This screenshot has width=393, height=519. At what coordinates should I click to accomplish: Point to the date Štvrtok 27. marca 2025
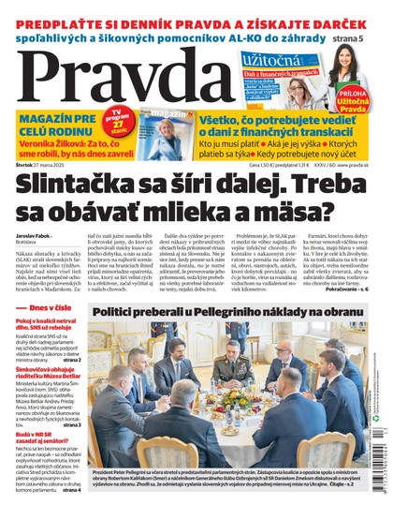47,166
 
